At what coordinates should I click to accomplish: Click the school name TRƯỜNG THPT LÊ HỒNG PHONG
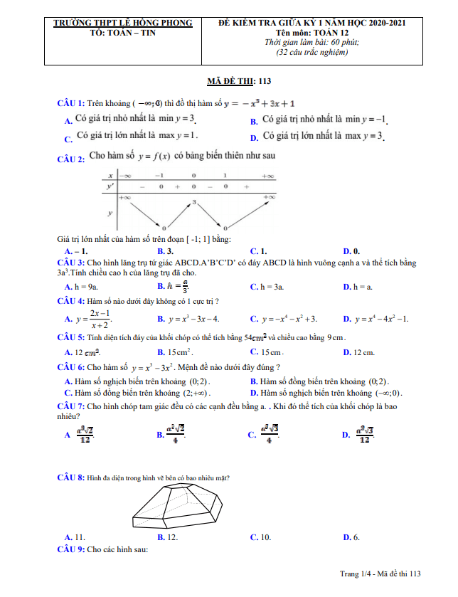pyautogui.click(x=123, y=23)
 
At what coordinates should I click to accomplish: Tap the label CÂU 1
pyautogui.click(x=71, y=103)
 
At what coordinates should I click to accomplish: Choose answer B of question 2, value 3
pyautogui.click(x=166, y=251)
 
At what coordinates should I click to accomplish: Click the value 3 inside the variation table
pyautogui.click(x=193, y=203)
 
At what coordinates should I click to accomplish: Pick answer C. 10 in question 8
pyautogui.click(x=260, y=537)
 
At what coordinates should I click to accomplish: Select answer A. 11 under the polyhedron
pyautogui.click(x=75, y=537)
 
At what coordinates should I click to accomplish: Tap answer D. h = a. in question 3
pyautogui.click(x=358, y=286)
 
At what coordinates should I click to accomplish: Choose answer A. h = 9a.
pyautogui.click(x=81, y=286)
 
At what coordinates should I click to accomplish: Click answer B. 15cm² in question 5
pyautogui.click(x=176, y=352)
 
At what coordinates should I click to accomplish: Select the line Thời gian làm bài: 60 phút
pyautogui.click(x=311, y=43)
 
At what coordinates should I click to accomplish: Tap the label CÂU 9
pyautogui.click(x=71, y=550)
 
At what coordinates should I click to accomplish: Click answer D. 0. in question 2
pyautogui.click(x=351, y=251)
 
